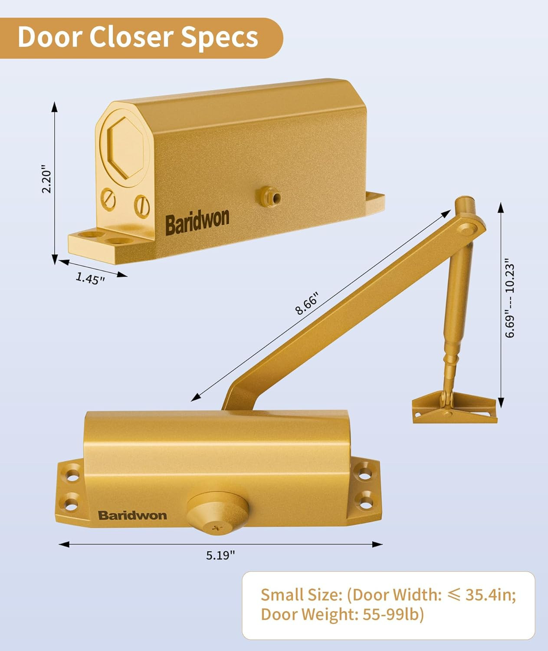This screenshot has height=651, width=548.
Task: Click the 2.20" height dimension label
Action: [x=46, y=178]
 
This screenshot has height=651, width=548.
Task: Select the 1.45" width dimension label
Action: [x=90, y=278]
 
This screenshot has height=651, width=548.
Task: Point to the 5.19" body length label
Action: [x=220, y=555]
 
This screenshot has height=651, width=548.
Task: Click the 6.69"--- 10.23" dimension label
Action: [x=510, y=300]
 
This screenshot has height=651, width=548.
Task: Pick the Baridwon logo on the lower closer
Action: [x=132, y=516]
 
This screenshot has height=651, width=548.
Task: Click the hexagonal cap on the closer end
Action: [x=126, y=148]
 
